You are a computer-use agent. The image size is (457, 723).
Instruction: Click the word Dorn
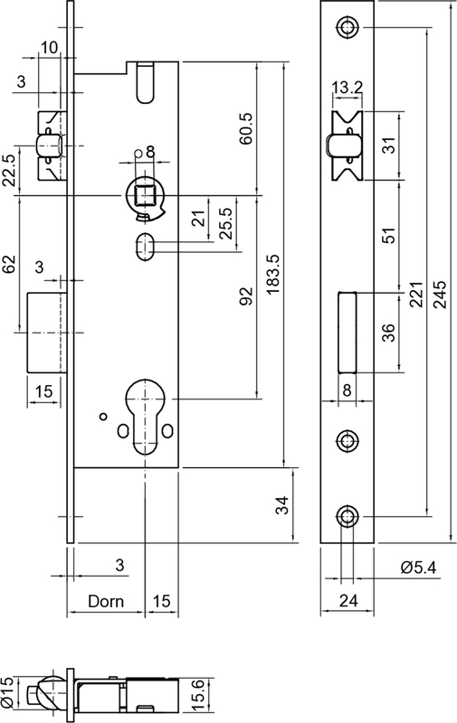(x=106, y=601)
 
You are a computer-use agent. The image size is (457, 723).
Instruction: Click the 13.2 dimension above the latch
(x=347, y=88)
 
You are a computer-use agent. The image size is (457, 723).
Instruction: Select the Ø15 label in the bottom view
(x=8, y=693)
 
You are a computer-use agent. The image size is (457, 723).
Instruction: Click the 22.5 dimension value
(x=10, y=170)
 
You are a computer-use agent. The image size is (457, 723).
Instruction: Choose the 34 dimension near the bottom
(x=282, y=506)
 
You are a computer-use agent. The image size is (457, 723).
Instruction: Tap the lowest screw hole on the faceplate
(x=348, y=516)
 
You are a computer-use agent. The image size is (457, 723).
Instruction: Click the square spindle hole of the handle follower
(x=144, y=192)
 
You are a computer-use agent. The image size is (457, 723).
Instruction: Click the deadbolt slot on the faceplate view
(x=347, y=330)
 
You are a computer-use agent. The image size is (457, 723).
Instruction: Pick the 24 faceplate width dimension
(x=348, y=600)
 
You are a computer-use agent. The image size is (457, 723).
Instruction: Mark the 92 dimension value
(x=245, y=296)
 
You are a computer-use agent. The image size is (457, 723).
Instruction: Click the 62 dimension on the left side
(x=10, y=265)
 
